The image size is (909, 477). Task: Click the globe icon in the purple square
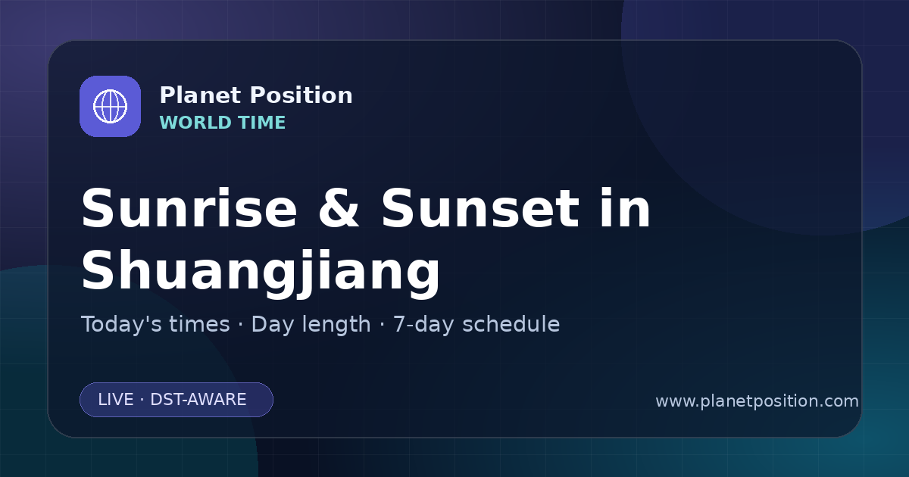pos(110,106)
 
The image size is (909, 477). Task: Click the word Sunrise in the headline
pos(189,209)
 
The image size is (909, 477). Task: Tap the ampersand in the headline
pos(339,209)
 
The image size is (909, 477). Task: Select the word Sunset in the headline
pos(480,209)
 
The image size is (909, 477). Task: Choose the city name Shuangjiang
pos(261,270)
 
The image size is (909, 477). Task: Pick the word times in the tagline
pos(199,325)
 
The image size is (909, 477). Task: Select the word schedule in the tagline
pos(511,324)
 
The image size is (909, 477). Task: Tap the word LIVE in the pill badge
pos(116,400)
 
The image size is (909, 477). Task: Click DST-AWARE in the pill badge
pos(198,400)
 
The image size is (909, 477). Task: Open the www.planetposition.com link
pos(757,401)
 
